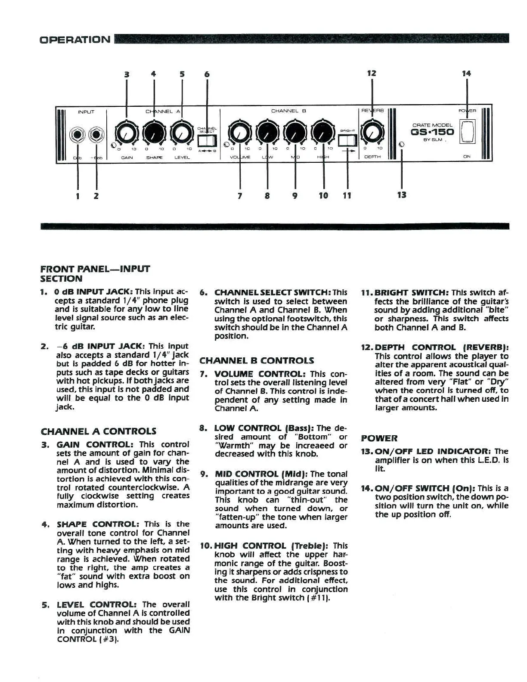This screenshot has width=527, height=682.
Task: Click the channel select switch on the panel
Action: pos(207,141)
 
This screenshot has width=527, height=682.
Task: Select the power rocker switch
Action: pos(467,131)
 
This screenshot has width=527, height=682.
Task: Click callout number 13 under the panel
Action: pos(402,195)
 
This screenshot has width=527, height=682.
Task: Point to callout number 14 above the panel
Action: pos(467,74)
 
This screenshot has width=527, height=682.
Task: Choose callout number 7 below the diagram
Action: pos(240,196)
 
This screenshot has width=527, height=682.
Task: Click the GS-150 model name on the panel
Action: pos(432,132)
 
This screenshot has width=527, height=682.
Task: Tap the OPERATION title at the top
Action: pos(75,40)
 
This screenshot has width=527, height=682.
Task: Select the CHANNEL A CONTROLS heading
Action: pos(99,431)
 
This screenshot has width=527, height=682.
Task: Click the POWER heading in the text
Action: pos(379,438)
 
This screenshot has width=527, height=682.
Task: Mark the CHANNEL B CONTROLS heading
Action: pos(257,361)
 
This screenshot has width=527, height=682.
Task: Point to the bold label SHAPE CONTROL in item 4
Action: pos(98,524)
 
